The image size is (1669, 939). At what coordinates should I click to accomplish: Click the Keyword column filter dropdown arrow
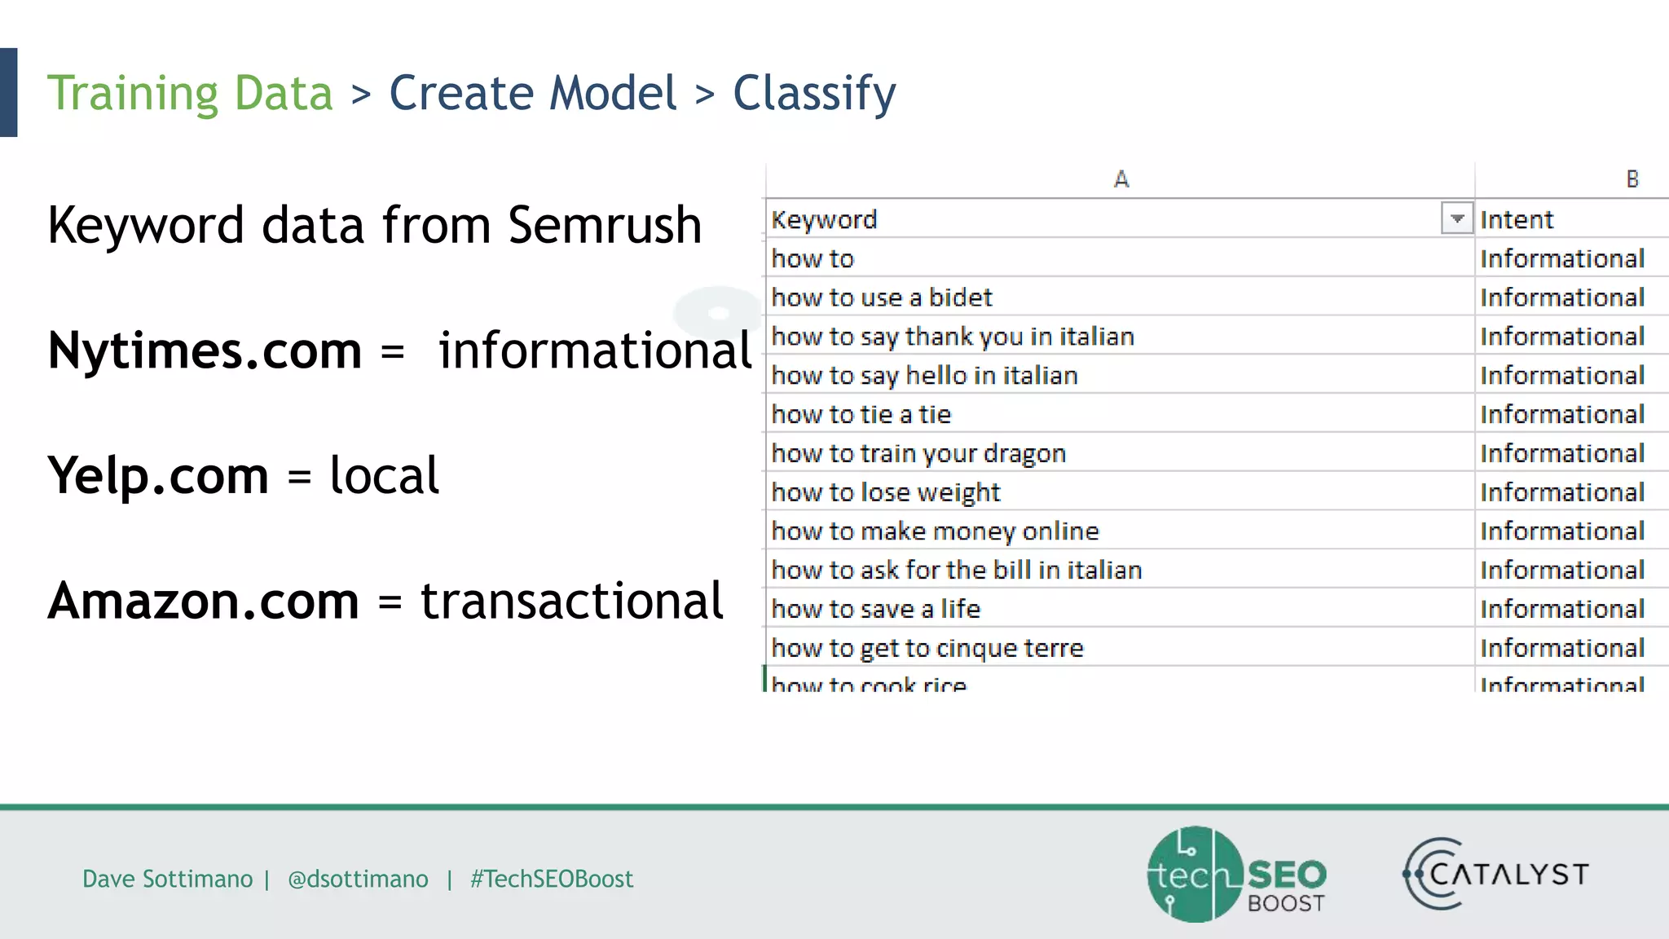coord(1456,218)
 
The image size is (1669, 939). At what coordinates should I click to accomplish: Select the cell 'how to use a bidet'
coord(882,298)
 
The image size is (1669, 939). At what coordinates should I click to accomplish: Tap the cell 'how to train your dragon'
coord(918,453)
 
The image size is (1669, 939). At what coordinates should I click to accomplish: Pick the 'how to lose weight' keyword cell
coord(886,492)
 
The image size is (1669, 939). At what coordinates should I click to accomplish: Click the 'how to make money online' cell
coord(935,531)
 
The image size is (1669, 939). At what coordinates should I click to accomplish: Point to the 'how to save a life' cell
coord(875,609)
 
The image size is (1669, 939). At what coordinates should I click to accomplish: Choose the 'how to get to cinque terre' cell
coord(927,648)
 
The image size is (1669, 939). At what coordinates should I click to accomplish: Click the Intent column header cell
coord(1517,219)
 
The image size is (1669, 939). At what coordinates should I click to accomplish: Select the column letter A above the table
coord(1121,179)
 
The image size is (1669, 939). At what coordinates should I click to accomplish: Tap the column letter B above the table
coord(1632,179)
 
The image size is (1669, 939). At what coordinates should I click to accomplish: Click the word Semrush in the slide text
coord(605,225)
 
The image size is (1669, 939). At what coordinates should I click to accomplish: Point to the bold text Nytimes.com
coord(205,350)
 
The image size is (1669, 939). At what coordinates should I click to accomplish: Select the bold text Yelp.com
coord(158,475)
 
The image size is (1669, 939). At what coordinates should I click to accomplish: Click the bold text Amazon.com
coord(203,601)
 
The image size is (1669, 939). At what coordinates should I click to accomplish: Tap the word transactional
coord(571,601)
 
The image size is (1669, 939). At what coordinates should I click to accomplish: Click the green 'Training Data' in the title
coord(190,93)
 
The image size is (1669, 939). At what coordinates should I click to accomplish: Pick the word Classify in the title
coord(814,93)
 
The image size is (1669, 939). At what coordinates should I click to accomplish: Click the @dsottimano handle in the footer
coord(358,879)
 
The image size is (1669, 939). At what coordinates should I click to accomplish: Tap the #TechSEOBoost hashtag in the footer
coord(551,879)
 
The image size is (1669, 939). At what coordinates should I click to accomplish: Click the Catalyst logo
coord(1495,874)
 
